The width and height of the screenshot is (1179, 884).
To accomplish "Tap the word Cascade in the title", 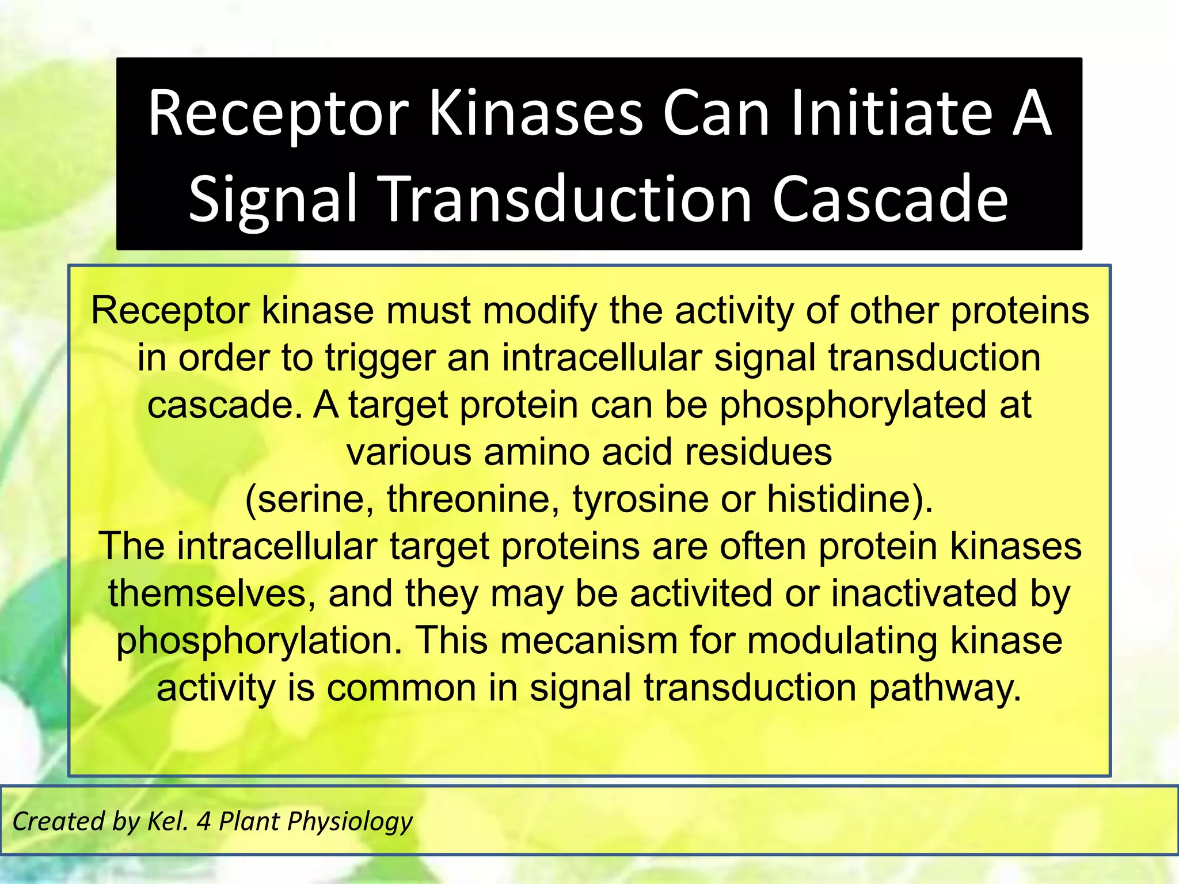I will click(x=889, y=199).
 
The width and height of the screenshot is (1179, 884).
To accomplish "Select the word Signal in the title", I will click(x=273, y=199).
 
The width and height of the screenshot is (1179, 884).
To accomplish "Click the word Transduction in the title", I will click(x=567, y=199).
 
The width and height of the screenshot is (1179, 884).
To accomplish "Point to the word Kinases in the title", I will click(x=535, y=113).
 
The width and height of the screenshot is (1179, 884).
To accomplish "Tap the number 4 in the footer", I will click(x=203, y=821).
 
